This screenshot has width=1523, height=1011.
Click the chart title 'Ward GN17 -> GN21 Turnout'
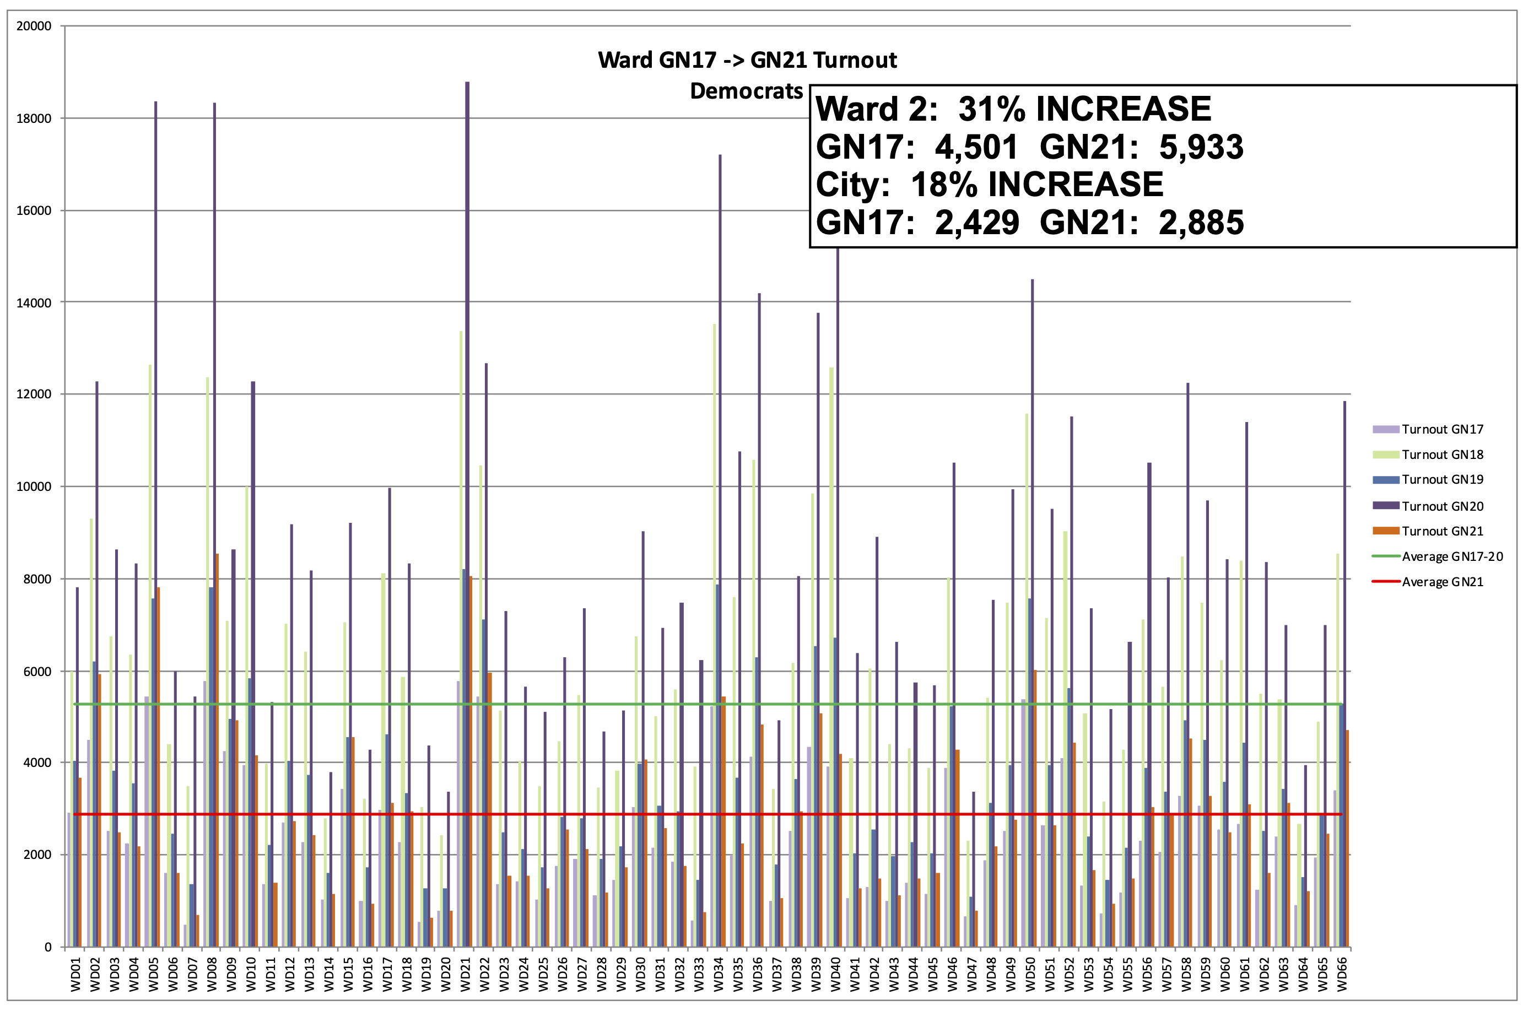pos(747,60)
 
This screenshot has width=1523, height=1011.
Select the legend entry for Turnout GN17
pos(1442,429)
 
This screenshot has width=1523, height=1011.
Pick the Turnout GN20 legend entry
pos(1442,506)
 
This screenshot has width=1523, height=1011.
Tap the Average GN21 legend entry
pos(1442,582)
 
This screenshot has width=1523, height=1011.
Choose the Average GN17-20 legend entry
pos(1451,556)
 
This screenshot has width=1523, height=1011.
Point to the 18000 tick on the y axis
pos(34,118)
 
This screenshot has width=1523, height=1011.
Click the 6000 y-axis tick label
pos(36,671)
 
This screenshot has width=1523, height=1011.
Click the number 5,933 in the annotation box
pos(1201,147)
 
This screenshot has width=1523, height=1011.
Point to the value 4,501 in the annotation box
pos(976,147)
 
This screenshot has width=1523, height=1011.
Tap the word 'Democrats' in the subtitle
pos(746,91)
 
